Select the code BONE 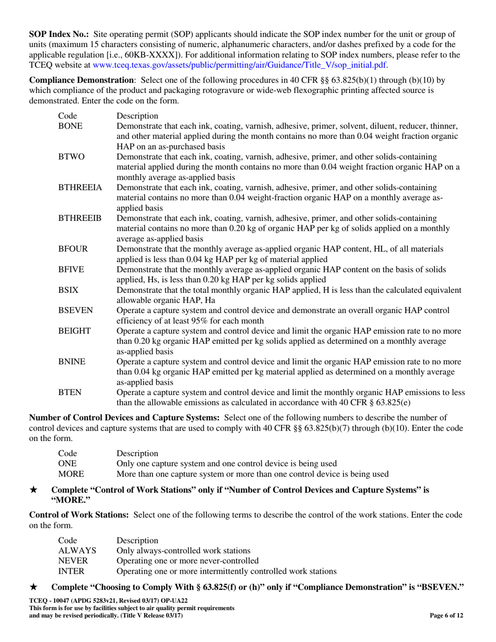[x=70, y=126]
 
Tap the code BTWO [x=71, y=156]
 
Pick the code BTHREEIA [x=80, y=187]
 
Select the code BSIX [x=68, y=290]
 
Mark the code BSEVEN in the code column [x=75, y=311]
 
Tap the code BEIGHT [x=75, y=331]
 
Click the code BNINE [x=72, y=361]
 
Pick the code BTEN [x=69, y=392]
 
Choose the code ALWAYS [x=77, y=550]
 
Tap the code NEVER [x=73, y=561]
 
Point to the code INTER [x=71, y=571]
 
